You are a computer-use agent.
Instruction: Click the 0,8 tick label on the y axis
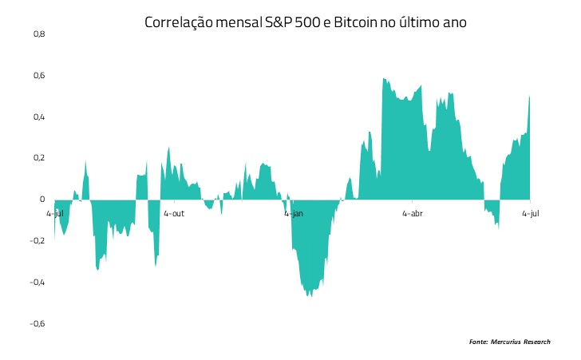pyautogui.click(x=39, y=34)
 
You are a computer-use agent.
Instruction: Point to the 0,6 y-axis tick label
pyautogui.click(x=39, y=76)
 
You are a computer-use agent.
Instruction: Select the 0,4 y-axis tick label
pyautogui.click(x=39, y=117)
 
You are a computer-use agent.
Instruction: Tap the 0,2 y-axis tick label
pyautogui.click(x=39, y=158)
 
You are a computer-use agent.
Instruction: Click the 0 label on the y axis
pyautogui.click(x=42, y=200)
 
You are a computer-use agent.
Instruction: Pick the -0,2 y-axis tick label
pyautogui.click(x=38, y=241)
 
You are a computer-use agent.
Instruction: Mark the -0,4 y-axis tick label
pyautogui.click(x=38, y=283)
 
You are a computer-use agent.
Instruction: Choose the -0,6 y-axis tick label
pyautogui.click(x=38, y=323)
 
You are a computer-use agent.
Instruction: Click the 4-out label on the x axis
pyautogui.click(x=174, y=214)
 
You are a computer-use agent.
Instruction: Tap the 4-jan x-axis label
pyautogui.click(x=294, y=214)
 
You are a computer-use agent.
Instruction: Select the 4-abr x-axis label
pyautogui.click(x=413, y=214)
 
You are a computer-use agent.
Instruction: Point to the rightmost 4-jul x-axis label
pyautogui.click(x=531, y=214)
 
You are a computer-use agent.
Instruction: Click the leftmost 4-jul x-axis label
pyautogui.click(x=55, y=214)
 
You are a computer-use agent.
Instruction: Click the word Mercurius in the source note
pyautogui.click(x=506, y=342)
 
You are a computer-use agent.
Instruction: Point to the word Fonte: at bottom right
pyautogui.click(x=478, y=342)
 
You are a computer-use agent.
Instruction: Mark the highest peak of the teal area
pyautogui.click(x=384, y=78)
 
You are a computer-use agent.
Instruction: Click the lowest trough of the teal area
pyautogui.click(x=311, y=296)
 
